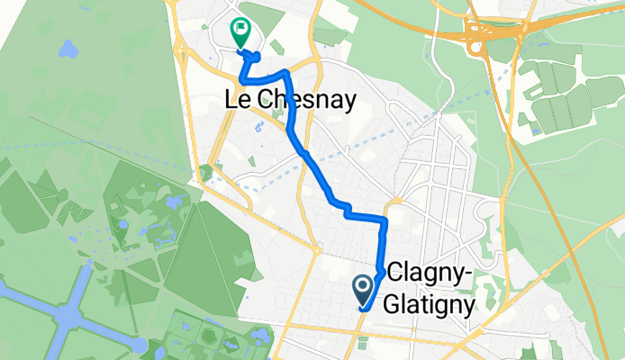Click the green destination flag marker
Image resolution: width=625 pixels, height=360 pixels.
240,33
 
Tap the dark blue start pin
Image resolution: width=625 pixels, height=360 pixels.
364,290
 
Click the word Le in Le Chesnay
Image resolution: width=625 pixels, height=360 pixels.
232,102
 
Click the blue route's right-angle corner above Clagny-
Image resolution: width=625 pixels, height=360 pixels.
385,219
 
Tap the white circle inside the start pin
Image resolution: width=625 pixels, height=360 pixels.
364,286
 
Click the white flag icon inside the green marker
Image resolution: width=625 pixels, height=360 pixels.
240,29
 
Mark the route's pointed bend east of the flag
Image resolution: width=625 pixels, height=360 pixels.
285,70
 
